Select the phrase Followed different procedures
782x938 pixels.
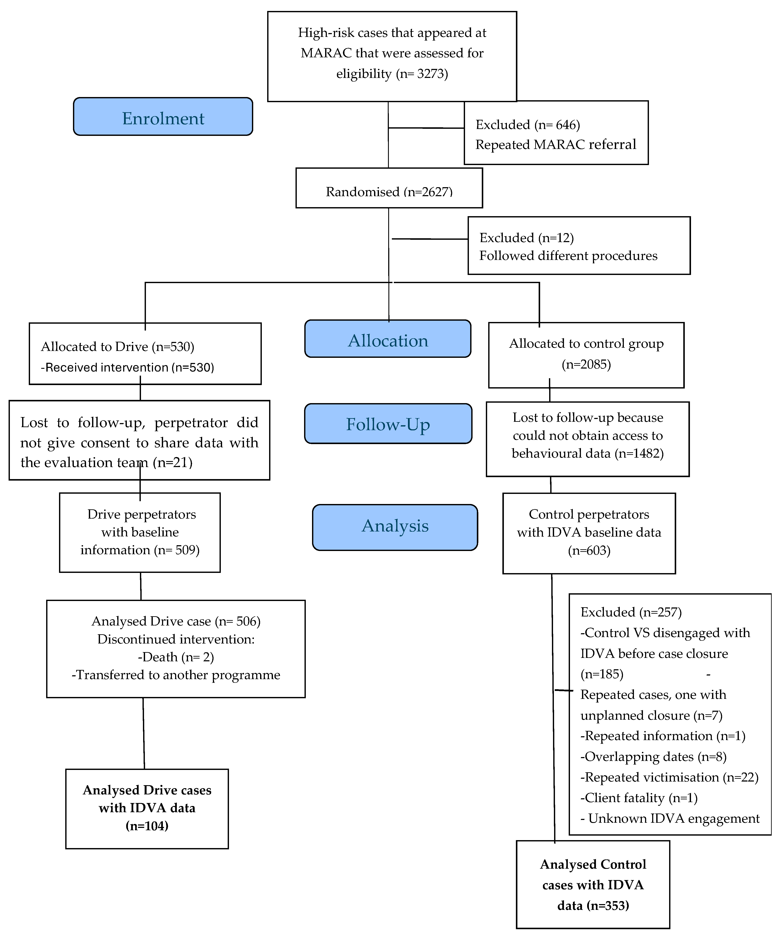point(568,256)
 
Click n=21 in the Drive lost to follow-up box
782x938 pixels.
point(172,462)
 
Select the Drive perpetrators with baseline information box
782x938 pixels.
point(140,532)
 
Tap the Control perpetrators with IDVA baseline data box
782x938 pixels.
point(589,532)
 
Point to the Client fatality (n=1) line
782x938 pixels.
point(639,798)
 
